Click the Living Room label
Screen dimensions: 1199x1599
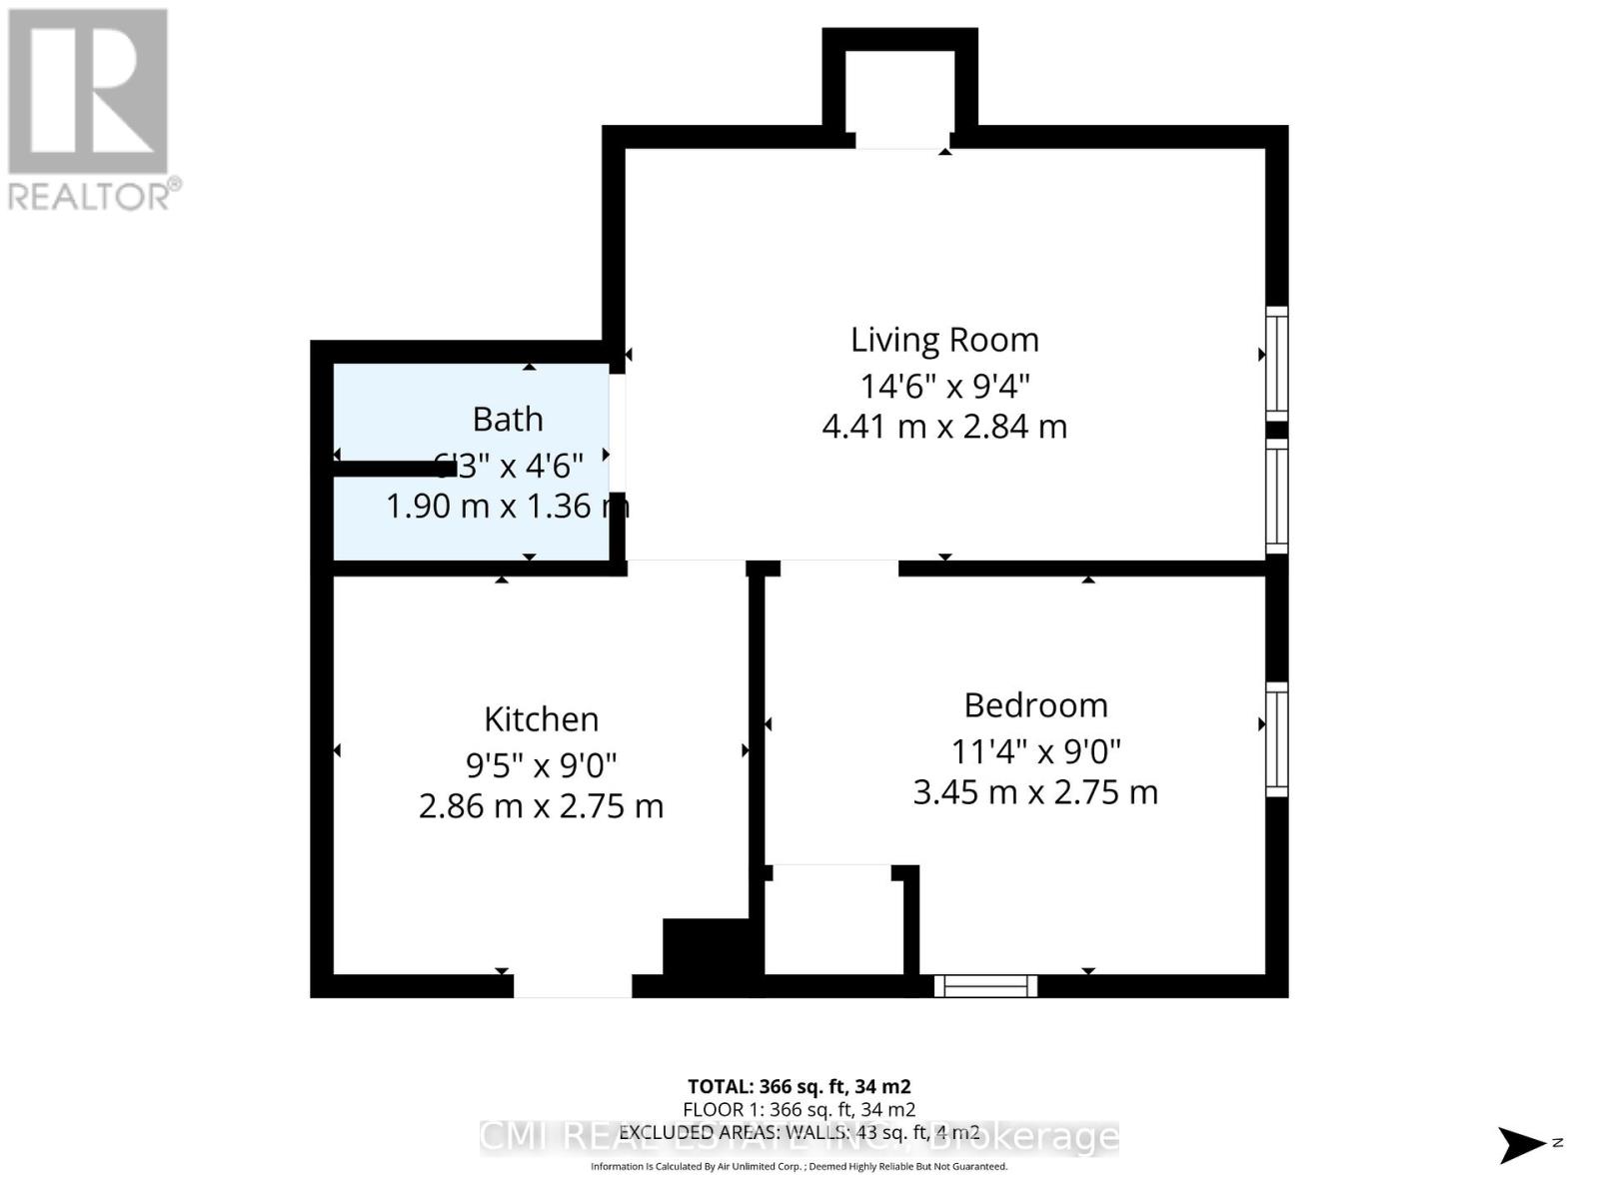(944, 340)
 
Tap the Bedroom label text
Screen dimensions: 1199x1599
(1035, 705)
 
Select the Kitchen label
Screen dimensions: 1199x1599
(541, 719)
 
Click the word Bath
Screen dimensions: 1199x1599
(508, 419)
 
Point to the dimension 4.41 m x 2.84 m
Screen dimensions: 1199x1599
(944, 427)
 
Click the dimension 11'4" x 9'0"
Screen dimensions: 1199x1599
(1035, 749)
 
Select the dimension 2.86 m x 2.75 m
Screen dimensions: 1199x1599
(541, 806)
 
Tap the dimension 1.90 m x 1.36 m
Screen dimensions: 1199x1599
(507, 507)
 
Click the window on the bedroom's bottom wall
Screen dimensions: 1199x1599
(985, 986)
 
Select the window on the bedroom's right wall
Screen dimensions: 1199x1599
(1276, 739)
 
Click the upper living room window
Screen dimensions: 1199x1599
(1276, 362)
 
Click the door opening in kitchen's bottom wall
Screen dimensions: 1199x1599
(573, 986)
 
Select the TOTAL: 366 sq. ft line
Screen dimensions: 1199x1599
(799, 1086)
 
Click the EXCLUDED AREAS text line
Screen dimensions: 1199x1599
(799, 1133)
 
